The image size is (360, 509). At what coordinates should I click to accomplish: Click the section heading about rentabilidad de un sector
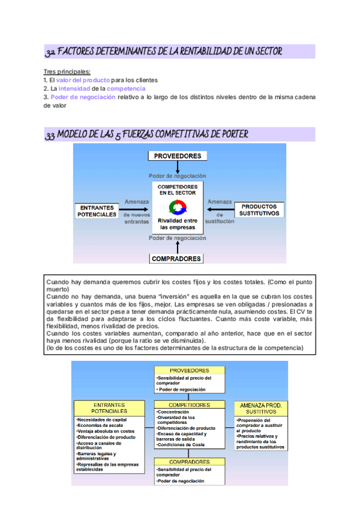[x=164, y=52]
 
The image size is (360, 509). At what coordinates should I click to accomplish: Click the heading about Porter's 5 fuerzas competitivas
[x=147, y=134]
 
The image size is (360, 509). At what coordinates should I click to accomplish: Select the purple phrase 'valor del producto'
[x=83, y=80]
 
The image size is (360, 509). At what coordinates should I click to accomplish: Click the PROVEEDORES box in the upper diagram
[x=178, y=156]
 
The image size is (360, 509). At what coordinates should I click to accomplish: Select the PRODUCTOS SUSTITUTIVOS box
[x=259, y=210]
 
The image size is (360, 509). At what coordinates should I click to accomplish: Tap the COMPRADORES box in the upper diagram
[x=176, y=259]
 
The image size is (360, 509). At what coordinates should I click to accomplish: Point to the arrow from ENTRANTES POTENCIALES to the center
[x=134, y=209]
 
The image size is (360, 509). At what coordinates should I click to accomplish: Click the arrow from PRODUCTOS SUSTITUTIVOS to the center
[x=218, y=209]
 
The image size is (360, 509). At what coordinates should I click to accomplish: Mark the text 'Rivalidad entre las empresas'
[x=178, y=224]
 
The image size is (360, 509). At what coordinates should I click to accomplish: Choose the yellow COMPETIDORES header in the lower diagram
[x=190, y=405]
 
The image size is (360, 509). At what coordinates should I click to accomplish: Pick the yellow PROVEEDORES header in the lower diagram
[x=190, y=370]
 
